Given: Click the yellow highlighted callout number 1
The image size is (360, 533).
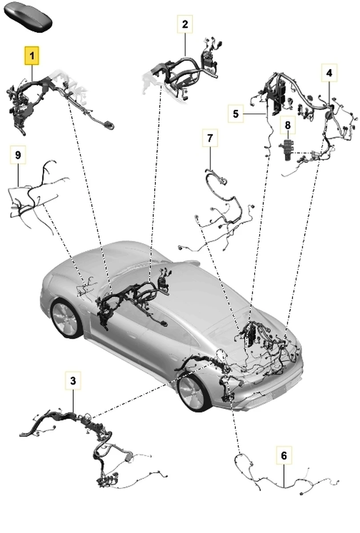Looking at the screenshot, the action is (32, 56).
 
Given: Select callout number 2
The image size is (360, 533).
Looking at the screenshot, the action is (185, 24).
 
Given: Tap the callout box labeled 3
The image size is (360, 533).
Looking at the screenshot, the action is (73, 380).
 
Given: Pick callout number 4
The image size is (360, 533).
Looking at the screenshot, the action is (329, 72).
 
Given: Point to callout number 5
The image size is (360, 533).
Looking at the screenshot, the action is (236, 114).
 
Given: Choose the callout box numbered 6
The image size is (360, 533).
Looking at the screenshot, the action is (284, 455).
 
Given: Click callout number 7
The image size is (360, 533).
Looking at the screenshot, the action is (210, 138).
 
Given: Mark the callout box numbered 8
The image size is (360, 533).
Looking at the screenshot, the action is (288, 125).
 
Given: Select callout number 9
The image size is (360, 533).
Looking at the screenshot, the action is (18, 155).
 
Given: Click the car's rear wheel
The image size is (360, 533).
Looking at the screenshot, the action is (65, 318).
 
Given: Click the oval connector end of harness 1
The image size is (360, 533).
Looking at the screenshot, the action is (108, 125).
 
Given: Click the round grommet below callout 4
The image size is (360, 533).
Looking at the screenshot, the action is (329, 115).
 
